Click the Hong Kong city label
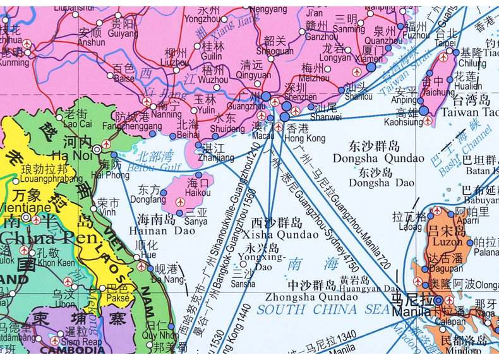(x=305, y=138)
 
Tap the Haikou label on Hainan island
(x=199, y=192)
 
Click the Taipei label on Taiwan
(x=445, y=43)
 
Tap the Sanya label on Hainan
(x=196, y=222)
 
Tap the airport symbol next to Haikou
(x=181, y=202)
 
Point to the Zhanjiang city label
(x=211, y=157)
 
